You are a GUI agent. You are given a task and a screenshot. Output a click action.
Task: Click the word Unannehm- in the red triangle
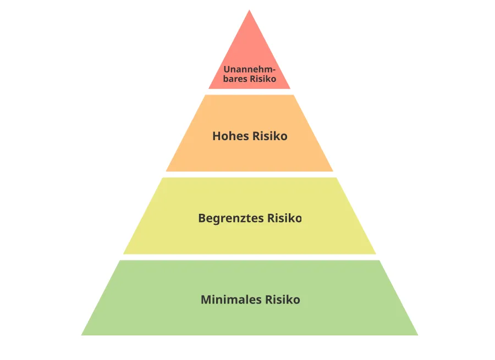click(249, 69)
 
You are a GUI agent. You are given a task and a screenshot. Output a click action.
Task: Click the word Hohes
click(230, 136)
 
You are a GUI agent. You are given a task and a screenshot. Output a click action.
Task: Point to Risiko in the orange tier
click(270, 136)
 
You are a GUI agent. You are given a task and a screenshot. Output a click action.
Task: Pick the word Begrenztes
click(231, 218)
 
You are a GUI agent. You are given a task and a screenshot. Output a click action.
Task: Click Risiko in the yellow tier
click(284, 218)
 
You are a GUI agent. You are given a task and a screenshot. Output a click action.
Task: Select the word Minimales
click(231, 300)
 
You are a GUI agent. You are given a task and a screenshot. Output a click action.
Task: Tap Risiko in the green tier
click(283, 300)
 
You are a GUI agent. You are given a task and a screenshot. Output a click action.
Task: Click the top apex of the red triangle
click(249, 10)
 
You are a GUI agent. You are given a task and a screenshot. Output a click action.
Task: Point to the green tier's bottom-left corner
click(81, 335)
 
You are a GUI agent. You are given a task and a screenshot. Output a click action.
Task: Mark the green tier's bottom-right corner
click(418, 335)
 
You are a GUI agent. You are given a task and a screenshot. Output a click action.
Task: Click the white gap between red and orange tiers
click(249, 92)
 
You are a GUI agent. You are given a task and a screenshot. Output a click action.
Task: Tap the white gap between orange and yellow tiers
click(249, 174)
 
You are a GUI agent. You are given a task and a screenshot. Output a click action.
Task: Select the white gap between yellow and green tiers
click(249, 257)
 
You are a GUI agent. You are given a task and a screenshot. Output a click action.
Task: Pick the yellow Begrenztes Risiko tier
click(249, 237)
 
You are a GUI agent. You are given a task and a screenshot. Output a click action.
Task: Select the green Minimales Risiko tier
click(249, 319)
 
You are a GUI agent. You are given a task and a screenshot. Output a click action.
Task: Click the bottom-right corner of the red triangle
click(290, 88)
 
